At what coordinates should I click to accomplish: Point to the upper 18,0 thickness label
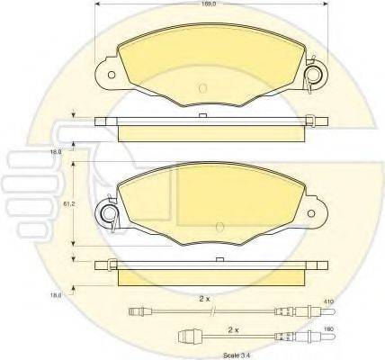tap(55, 153)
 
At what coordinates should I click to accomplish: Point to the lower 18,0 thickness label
tap(55, 293)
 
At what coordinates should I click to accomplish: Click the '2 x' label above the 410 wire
tap(205, 297)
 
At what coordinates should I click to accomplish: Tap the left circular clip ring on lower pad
tap(108, 213)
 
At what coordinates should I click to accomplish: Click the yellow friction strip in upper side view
tap(207, 132)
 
